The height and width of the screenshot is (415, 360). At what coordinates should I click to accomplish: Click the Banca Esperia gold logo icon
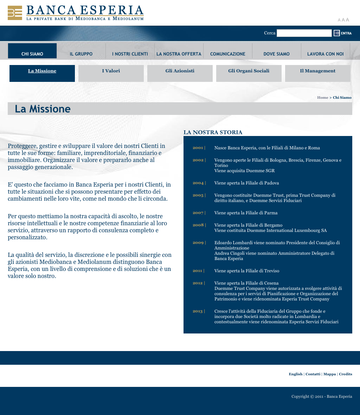15,13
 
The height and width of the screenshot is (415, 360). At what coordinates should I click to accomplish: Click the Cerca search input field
304,33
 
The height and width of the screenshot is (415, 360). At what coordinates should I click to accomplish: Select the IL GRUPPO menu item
81,54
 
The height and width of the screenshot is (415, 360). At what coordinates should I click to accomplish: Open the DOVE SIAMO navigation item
277,54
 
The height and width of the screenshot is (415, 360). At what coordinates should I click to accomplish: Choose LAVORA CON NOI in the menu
326,54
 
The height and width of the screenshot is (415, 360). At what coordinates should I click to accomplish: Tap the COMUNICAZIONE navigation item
228,54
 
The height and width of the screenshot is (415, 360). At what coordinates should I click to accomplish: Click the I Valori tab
111,71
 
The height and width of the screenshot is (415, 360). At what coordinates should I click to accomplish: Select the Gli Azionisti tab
180,71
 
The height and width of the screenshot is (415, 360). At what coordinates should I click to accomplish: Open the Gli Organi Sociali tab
249,71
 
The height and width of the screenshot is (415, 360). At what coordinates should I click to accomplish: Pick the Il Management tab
318,71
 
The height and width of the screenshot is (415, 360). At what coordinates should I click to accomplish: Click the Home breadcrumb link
323,98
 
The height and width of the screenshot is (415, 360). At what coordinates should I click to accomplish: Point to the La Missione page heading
43,109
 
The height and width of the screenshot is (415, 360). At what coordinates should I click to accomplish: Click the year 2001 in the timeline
198,148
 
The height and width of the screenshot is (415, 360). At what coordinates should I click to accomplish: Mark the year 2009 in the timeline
198,243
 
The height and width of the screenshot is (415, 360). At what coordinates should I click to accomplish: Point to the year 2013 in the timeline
198,311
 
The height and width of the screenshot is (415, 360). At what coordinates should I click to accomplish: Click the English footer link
296,374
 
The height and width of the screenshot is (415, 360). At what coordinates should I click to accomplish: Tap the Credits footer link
346,374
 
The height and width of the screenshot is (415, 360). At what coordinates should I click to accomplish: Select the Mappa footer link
329,374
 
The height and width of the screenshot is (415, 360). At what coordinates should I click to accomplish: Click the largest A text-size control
348,20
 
